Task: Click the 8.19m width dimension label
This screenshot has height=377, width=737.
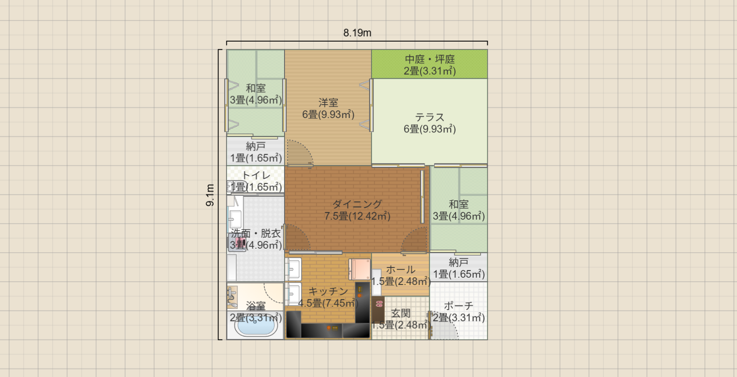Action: pos(357,33)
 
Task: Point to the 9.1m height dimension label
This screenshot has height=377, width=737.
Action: pos(210,195)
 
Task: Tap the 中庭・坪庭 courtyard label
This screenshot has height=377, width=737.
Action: pos(430,59)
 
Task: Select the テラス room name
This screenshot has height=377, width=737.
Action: pos(430,117)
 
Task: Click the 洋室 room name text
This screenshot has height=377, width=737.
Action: pos(328,103)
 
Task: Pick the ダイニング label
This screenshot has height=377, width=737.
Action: pos(357,204)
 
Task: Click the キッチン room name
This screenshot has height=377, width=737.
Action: pos(328,291)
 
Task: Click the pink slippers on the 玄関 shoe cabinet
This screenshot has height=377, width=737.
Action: pos(379,304)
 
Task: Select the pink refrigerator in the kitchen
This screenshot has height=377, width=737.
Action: pos(360,269)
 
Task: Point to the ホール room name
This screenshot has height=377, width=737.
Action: pos(400,270)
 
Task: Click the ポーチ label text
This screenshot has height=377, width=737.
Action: pos(459,306)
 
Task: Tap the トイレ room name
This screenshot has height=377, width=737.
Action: pos(256,175)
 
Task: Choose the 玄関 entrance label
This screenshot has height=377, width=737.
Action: pos(400,313)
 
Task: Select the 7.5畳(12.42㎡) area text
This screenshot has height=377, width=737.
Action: pos(357,216)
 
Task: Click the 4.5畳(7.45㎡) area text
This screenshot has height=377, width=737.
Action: pos(328,303)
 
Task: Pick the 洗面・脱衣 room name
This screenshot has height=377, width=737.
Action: pos(255,233)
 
